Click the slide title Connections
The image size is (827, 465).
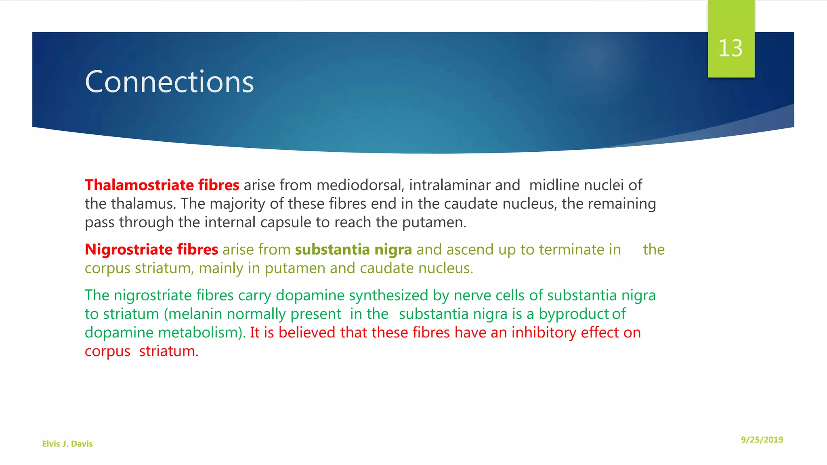pyautogui.click(x=169, y=82)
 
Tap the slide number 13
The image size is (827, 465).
pyautogui.click(x=730, y=48)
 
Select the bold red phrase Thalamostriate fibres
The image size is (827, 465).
pyautogui.click(x=162, y=185)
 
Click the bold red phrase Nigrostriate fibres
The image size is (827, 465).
pyautogui.click(x=151, y=249)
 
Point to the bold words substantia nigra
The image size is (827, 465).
pyautogui.click(x=353, y=249)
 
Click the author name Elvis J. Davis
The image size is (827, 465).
pyautogui.click(x=67, y=444)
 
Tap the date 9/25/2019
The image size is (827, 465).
pyautogui.click(x=762, y=440)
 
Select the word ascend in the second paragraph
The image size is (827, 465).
pyautogui.click(x=470, y=249)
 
